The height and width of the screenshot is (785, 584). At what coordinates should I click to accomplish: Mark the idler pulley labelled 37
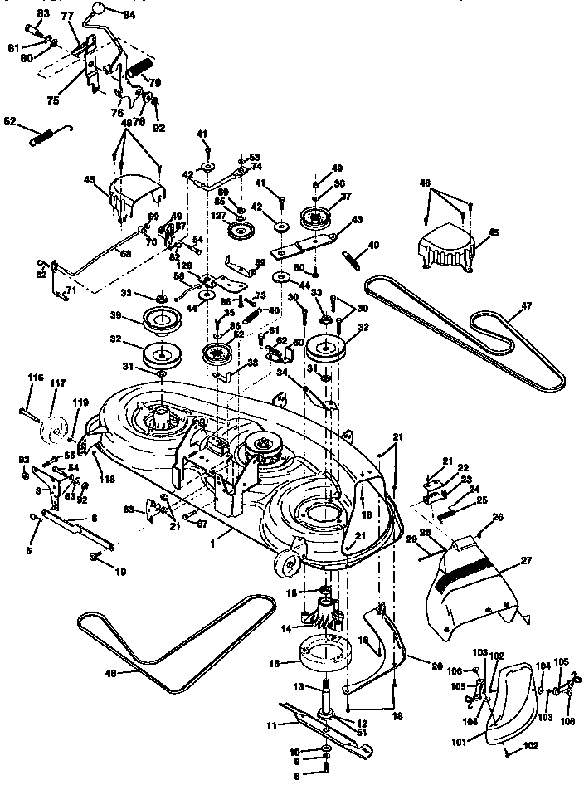[316, 217]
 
